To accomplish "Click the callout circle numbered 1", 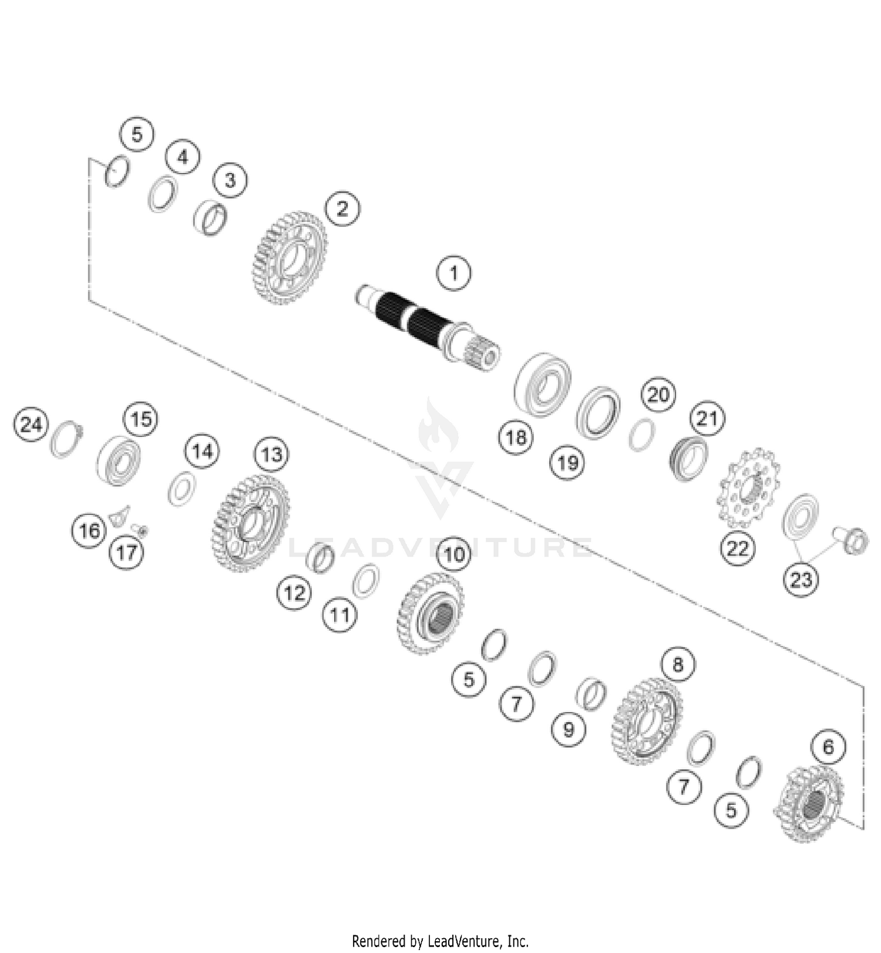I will coord(453,273).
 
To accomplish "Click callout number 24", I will coord(31,424).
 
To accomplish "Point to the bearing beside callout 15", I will coord(119,461).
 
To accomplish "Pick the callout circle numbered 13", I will coord(271,454).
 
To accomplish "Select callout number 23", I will coord(801,580).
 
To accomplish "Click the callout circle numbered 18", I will coord(516,437).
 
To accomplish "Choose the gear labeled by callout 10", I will coord(431,612).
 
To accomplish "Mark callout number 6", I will coord(828,747).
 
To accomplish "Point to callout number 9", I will coord(568,729).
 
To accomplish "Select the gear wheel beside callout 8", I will coord(646,722).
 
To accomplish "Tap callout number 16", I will coord(89,531).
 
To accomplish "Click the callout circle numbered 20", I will coord(658,395).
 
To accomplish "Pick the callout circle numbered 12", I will coord(294,593).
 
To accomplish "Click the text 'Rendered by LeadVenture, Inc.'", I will coord(440,941).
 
